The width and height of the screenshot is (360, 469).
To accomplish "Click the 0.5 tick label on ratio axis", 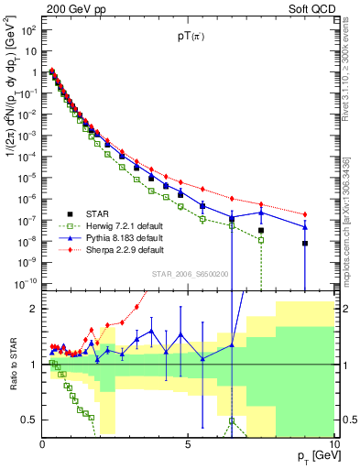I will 30,420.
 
